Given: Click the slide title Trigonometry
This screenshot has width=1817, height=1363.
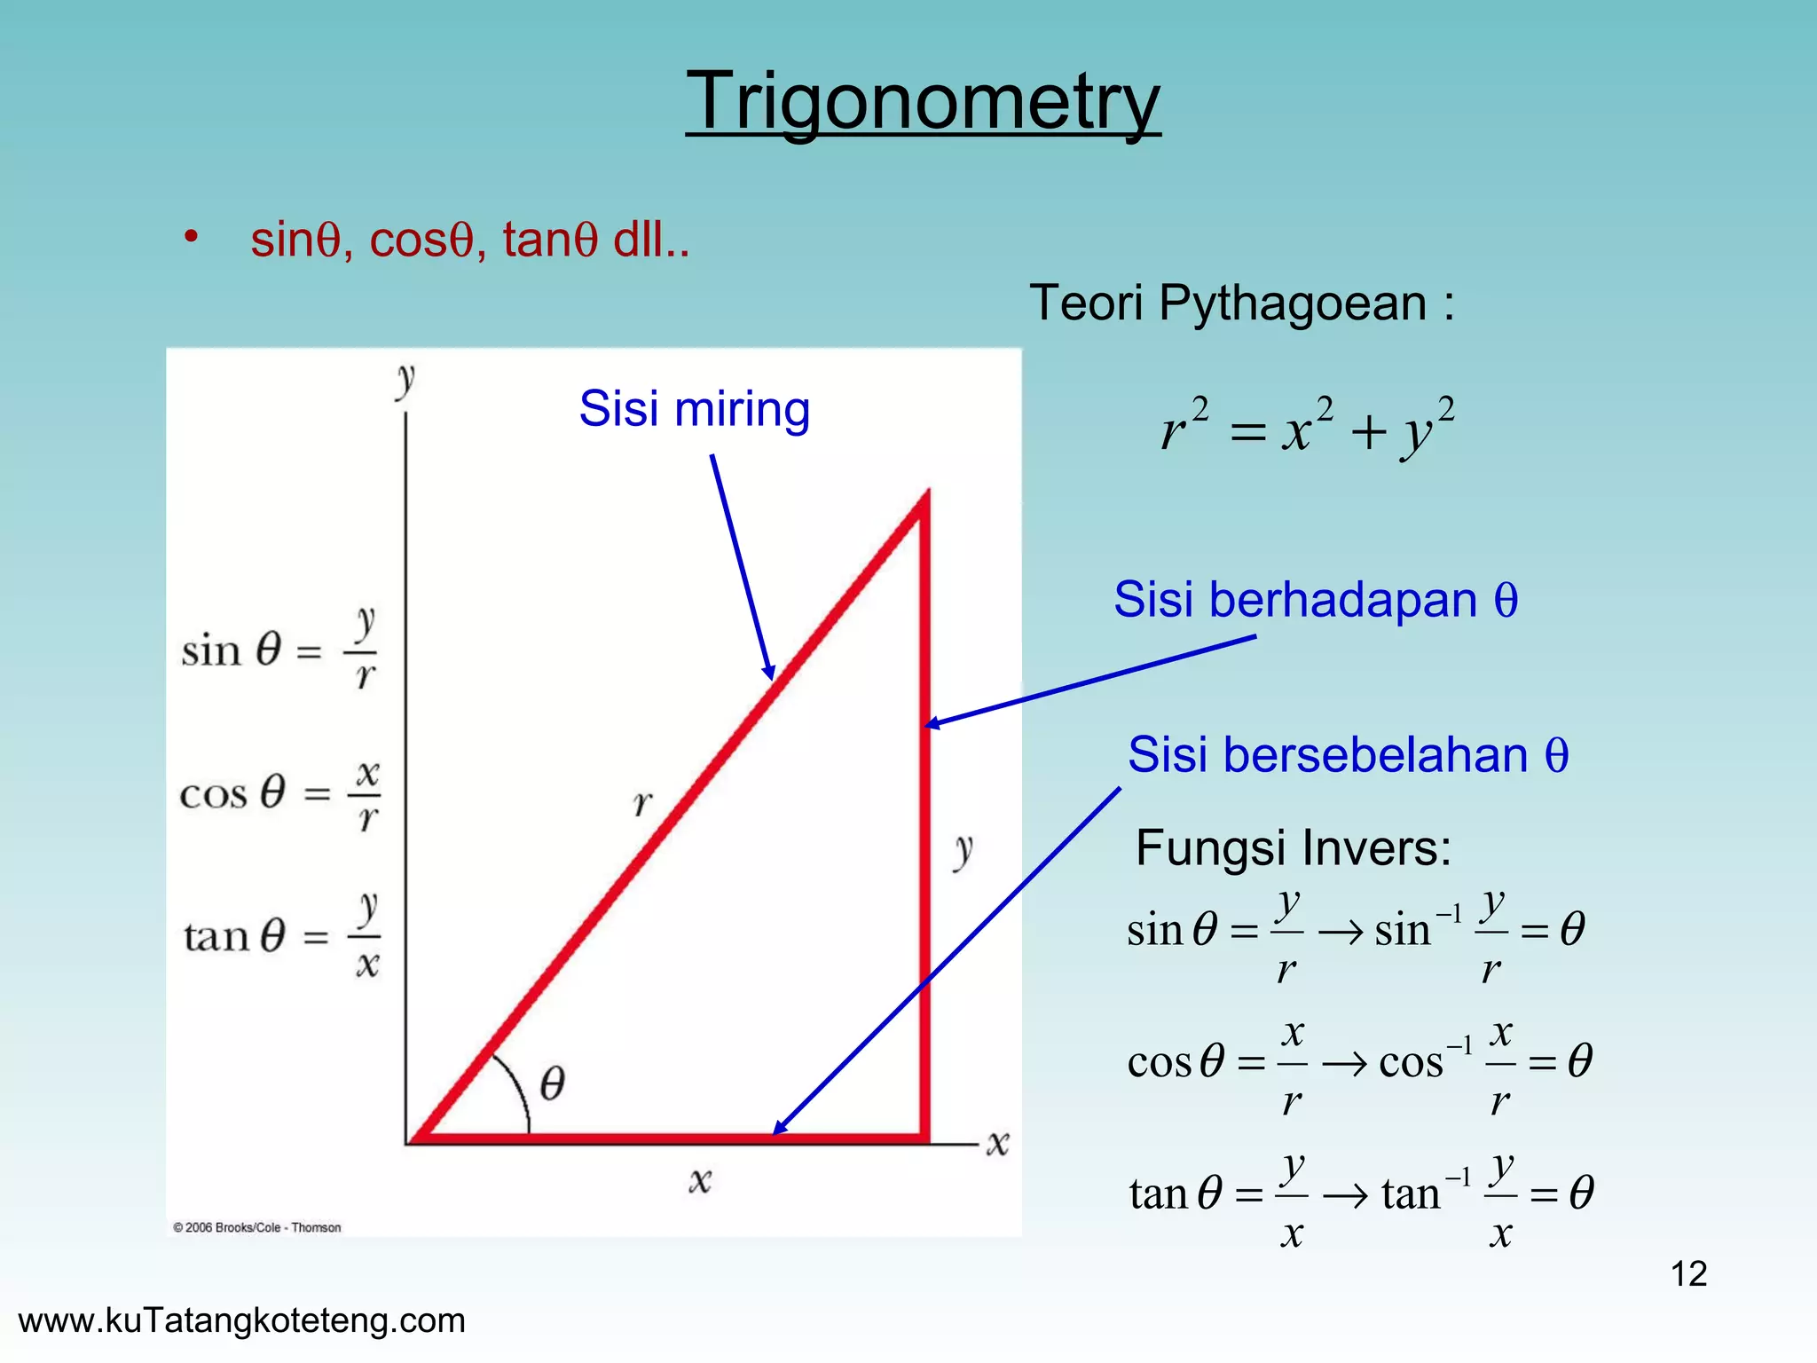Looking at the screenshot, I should pos(923,102).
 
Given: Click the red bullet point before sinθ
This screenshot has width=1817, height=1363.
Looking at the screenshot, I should pos(191,238).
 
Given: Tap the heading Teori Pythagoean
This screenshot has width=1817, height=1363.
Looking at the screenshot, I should pos(1240,303).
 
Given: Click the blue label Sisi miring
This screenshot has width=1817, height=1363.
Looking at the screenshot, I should pos(694,409).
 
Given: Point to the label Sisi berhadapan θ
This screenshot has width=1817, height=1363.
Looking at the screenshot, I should pos(1315,600).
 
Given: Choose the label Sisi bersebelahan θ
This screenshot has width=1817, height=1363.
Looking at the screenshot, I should pos(1347,755).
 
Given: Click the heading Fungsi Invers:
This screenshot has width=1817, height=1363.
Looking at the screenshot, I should pos(1293,847).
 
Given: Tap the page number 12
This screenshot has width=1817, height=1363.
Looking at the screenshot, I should pos(1688,1273).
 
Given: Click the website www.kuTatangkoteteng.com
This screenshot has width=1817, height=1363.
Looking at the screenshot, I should pos(241,1320).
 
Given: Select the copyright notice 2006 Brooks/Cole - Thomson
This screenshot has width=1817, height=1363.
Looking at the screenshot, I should pos(257,1227).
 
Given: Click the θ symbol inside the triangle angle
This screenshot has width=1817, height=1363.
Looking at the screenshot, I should pos(552,1083).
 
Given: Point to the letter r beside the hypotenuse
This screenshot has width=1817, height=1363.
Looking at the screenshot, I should pos(642,803).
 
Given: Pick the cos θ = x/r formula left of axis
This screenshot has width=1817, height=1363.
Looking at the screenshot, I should pos(279,792).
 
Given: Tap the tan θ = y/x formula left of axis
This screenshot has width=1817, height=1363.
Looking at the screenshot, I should pos(281,935).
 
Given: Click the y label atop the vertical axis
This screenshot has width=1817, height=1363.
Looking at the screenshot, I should pos(405,380).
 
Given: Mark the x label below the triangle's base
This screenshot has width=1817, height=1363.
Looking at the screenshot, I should pos(700,1180).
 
